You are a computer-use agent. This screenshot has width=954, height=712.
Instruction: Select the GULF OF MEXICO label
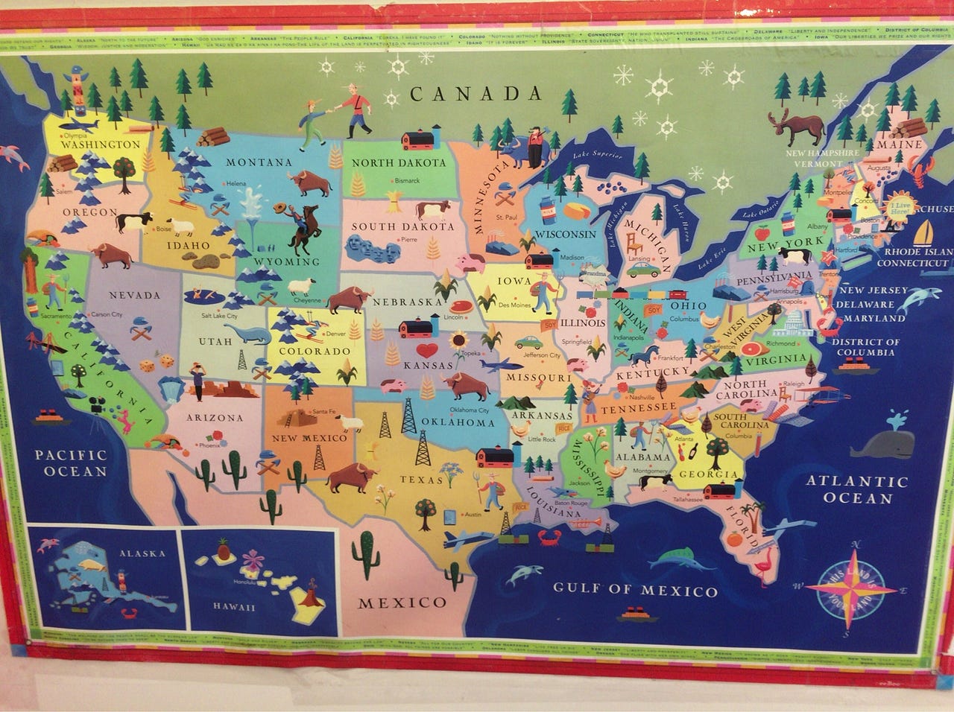(635, 591)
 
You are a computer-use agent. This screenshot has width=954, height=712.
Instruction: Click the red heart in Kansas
(426, 349)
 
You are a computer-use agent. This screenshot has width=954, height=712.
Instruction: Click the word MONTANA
(259, 162)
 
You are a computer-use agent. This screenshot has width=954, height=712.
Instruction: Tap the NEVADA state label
(135, 295)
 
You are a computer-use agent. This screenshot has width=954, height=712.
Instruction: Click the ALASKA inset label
(141, 554)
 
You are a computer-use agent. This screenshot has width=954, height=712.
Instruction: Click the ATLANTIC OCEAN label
(857, 490)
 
